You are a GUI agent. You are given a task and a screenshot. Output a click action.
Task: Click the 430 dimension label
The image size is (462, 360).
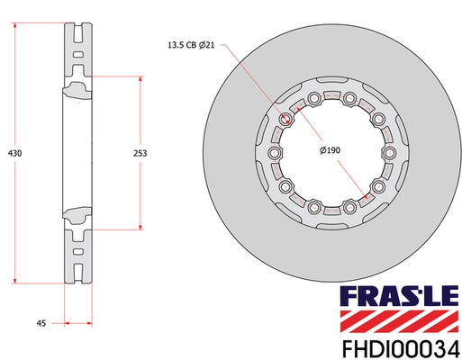coord(14,153)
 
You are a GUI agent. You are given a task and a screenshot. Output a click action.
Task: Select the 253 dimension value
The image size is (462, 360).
coord(140,153)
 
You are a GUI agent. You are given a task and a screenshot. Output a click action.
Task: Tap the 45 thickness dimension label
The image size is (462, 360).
coord(41,323)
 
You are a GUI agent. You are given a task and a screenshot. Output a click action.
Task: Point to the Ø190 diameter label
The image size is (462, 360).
coord(331,150)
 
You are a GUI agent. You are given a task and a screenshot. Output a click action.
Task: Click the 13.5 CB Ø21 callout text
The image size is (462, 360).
coord(191,45)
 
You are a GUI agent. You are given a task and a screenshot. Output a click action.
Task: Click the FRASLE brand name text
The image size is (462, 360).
coord(399,297)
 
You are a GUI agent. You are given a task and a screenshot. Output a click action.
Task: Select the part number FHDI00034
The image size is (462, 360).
coord(401,349)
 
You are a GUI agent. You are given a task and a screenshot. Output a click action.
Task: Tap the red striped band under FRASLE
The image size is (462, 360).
coord(399,321)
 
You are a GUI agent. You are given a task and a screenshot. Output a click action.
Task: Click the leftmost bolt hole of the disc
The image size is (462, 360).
coord(274,153)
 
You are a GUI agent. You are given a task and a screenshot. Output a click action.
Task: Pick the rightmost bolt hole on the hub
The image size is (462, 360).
coord(390,153)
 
